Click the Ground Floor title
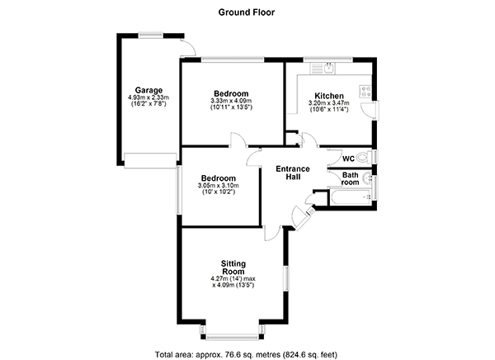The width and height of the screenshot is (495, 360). coord(247,12)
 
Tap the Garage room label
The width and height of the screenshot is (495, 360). coord(148,90)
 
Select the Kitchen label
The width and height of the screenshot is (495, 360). coord(329,96)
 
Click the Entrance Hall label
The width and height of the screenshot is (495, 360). coord(293,173)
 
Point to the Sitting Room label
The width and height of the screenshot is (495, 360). coord(233,268)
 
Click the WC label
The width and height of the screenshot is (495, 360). coord(348,159)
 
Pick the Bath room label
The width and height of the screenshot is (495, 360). coord(351,178)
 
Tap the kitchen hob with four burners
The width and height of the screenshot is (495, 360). coord(365,92)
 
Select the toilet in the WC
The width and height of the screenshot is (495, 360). coord(364,157)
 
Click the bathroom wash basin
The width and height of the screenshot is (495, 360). coord(367,178)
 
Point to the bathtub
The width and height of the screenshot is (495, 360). coord(351,197)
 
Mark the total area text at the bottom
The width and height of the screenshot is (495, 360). coord(246,354)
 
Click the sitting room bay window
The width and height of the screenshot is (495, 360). coord(233,333)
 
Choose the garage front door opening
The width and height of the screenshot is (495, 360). coord(150,160)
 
